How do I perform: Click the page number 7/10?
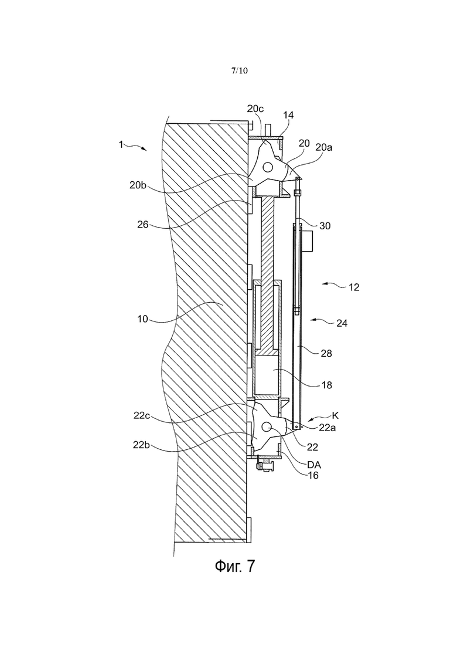click(240, 70)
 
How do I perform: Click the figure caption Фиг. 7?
click(235, 565)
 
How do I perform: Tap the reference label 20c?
click(255, 109)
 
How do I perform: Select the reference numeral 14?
click(288, 115)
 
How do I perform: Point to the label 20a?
click(324, 147)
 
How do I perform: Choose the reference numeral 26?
click(142, 225)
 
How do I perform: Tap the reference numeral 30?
click(325, 226)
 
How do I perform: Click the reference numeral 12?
click(354, 287)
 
